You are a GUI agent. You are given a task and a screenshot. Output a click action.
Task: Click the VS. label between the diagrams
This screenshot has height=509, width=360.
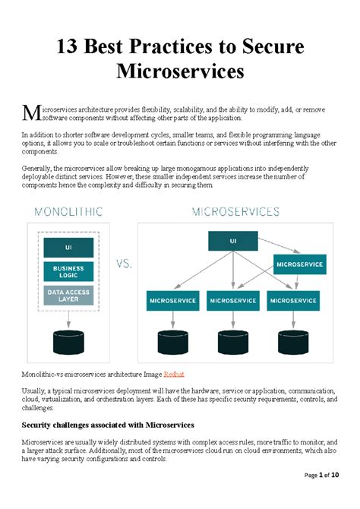[122, 264]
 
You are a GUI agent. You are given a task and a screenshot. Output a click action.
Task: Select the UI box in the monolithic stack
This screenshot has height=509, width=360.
[68, 248]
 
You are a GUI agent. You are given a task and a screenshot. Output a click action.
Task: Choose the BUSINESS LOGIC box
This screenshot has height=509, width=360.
[68, 271]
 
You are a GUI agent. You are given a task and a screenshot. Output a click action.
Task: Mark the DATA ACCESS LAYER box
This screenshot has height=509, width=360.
[68, 295]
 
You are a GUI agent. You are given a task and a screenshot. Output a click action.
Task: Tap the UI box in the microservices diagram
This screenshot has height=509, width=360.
[232, 242]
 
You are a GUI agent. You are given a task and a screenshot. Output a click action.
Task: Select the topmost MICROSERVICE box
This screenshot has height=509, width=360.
[299, 265]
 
